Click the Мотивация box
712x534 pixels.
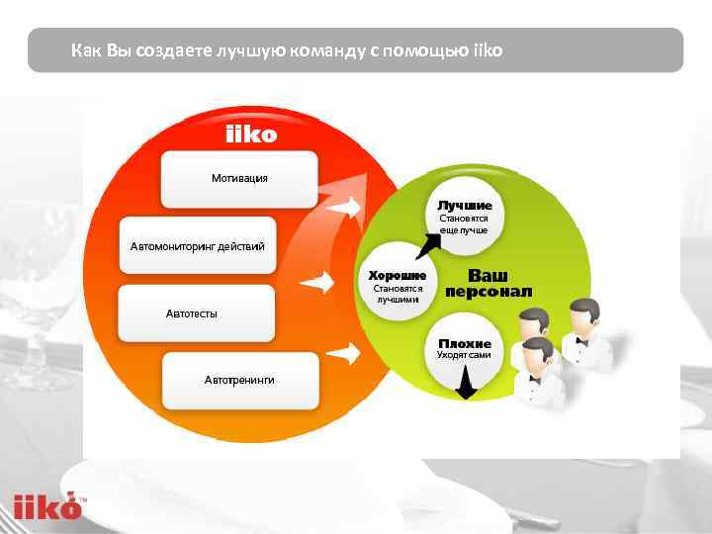(239, 178)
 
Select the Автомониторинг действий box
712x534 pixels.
(198, 245)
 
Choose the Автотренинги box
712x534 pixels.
(239, 380)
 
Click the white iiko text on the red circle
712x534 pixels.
(251, 134)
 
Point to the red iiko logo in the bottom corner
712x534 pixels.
(46, 507)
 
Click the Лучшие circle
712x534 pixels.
(464, 217)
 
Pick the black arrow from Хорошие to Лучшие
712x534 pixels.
(429, 243)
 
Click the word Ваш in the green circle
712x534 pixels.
(488, 275)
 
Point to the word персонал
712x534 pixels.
(489, 292)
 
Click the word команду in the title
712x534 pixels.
(327, 49)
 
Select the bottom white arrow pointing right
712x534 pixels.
(343, 352)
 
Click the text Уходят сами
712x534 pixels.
(464, 354)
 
